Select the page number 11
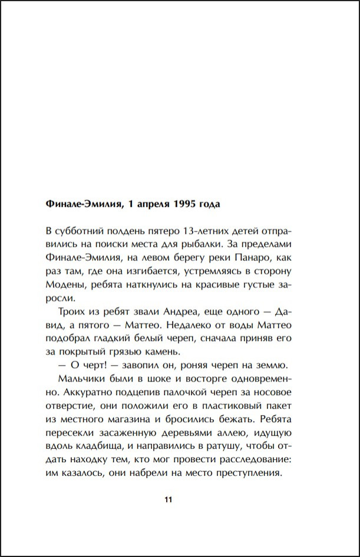coord(168,500)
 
